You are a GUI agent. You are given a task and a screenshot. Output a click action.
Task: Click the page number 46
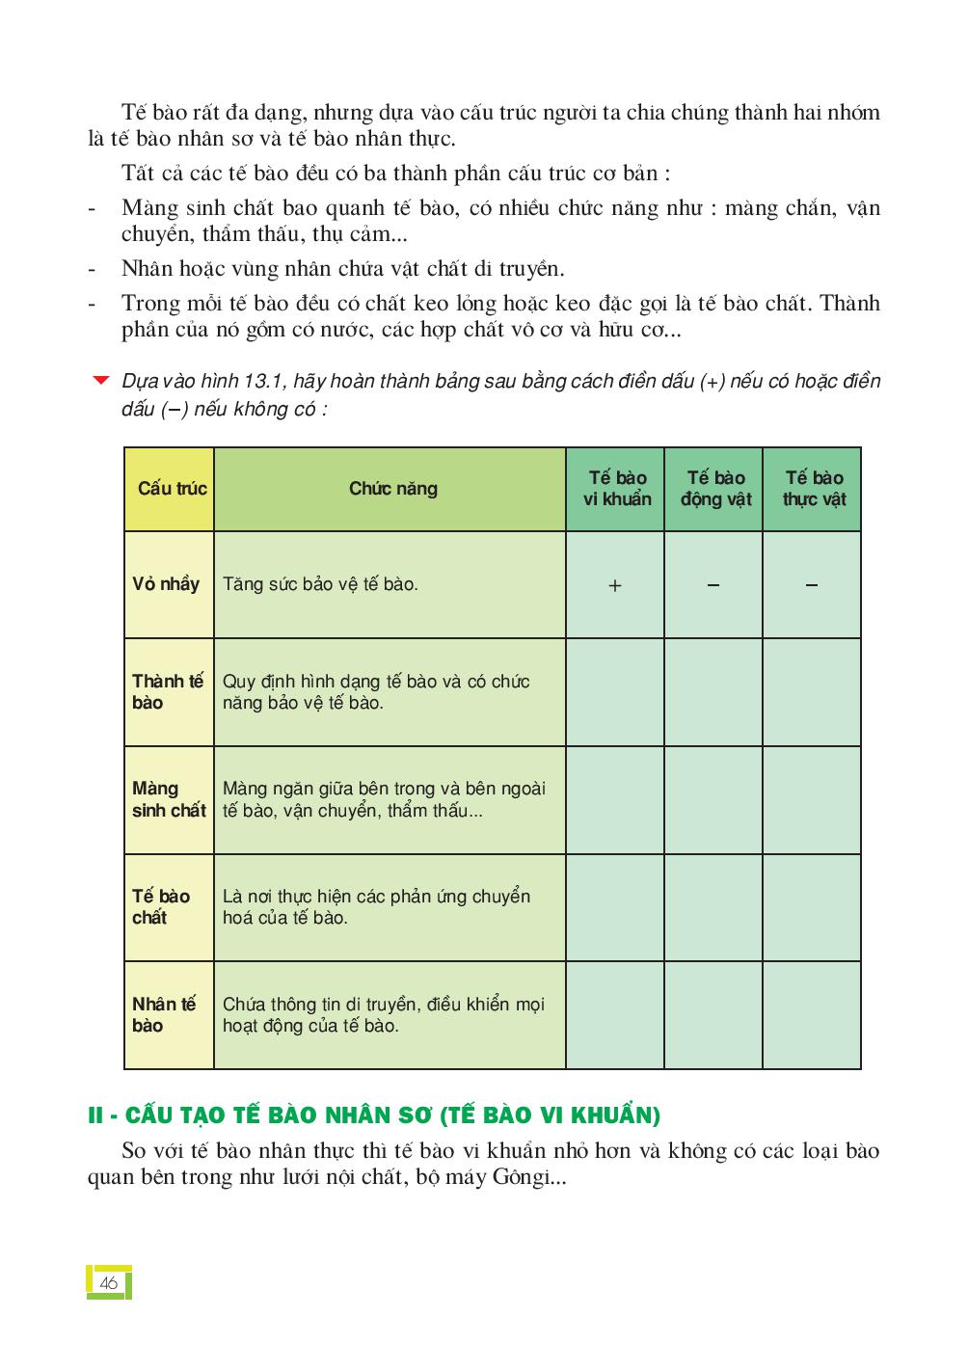coord(108,1283)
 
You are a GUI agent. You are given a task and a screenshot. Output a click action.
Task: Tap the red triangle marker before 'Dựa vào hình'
coord(100,380)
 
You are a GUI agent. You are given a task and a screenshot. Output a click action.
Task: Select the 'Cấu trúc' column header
coord(172,489)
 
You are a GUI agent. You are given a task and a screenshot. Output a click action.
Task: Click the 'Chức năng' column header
coord(392,489)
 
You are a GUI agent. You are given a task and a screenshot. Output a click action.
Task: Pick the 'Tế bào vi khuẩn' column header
coord(617,489)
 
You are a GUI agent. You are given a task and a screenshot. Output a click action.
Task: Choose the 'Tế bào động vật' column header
coord(715,489)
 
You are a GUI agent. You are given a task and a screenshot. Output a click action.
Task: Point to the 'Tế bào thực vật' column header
coord(814,489)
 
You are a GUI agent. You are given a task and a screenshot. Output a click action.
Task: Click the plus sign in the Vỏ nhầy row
coord(615,585)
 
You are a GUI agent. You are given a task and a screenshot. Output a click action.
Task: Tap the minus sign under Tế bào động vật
coord(713,584)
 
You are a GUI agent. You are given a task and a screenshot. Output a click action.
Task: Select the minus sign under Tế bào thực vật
coord(812,584)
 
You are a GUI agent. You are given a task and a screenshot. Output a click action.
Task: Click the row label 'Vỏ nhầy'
coord(166,584)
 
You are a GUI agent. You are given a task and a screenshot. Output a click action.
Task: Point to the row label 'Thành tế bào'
coord(168,692)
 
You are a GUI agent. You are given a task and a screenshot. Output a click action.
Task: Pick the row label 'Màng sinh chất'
coord(169,800)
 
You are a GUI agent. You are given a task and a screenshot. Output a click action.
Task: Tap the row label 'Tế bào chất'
coord(161,907)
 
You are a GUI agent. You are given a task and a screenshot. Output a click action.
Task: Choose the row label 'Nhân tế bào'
coord(164,1015)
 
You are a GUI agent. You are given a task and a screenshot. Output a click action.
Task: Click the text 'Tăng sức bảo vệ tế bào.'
coord(320,584)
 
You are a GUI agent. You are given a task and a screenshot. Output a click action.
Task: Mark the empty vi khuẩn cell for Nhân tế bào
coord(615,1015)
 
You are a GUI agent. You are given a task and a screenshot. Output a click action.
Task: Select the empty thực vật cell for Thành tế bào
coord(812,692)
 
